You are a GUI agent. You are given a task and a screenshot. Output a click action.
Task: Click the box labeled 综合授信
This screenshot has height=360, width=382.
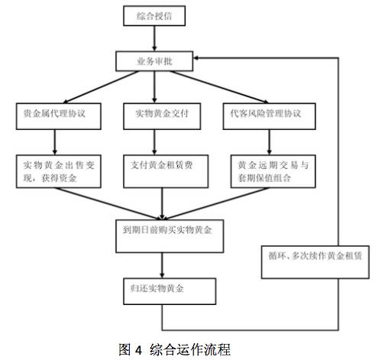154,16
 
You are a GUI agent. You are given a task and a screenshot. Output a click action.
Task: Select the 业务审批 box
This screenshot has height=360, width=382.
154,61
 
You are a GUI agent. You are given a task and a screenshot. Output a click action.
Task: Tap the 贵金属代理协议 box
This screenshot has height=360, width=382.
59,116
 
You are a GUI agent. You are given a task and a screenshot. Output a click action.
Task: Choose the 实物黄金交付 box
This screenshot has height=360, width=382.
162,116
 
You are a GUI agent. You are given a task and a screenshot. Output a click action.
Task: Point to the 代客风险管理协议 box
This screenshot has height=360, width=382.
269,116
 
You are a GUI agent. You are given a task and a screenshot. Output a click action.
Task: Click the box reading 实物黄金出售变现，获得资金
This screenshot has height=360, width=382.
59,171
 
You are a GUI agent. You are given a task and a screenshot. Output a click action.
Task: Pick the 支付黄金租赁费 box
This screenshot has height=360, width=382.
166,171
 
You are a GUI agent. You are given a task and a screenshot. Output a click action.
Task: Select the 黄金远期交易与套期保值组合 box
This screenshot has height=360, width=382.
273,171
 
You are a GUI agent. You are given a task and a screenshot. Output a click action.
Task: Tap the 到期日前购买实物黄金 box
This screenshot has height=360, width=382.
170,236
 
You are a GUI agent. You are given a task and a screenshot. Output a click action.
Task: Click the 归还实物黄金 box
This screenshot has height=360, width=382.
170,291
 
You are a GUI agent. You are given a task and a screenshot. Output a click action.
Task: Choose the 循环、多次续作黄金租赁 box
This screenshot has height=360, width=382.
316,262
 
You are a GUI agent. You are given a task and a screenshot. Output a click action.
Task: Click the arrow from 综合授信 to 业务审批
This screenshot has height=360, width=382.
154,38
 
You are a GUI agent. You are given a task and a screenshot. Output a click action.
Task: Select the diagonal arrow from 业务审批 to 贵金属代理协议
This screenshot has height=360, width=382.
100,87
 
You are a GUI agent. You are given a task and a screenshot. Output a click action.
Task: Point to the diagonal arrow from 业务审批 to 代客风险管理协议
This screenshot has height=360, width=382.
219,87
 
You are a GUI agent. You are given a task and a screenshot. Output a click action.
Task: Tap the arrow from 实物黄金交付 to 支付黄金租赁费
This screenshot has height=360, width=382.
154,142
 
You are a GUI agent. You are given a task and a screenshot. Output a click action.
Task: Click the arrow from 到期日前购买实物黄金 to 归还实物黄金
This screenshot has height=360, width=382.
162,265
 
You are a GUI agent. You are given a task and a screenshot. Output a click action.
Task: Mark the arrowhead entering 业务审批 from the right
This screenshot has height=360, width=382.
196,58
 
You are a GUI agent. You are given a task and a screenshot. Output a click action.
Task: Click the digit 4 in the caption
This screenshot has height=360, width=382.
138,350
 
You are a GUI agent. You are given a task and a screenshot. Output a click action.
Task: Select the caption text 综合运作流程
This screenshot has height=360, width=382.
190,349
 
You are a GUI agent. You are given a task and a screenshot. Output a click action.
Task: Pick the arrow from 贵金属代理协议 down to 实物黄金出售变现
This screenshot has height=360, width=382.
55,142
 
